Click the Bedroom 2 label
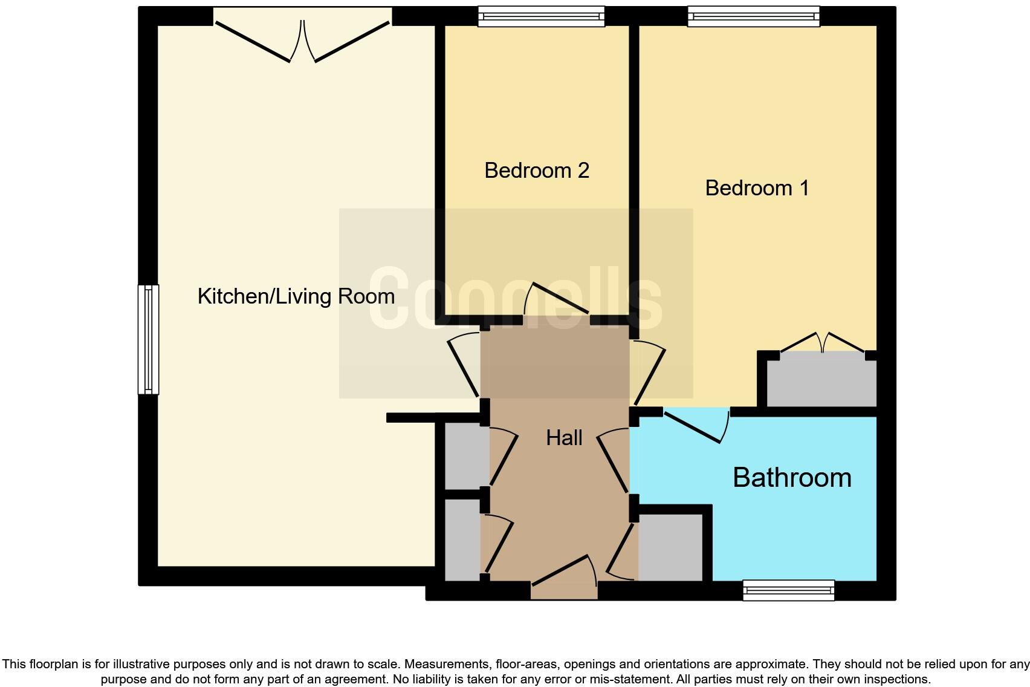536,171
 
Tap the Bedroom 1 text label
756,188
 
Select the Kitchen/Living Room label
296,296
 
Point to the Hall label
563,438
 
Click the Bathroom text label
792,478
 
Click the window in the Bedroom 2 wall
541,16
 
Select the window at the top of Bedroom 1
753,16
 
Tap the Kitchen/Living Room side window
148,339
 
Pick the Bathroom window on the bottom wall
788,590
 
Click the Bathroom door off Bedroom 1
695,427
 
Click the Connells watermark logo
516,300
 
